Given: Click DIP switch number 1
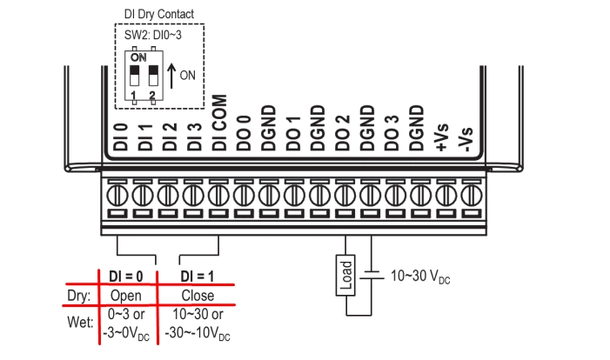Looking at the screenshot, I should (135, 70).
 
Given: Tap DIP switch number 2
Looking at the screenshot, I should (153, 70).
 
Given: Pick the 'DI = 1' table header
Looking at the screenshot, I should (198, 276).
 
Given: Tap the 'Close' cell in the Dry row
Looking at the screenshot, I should (198, 295).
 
